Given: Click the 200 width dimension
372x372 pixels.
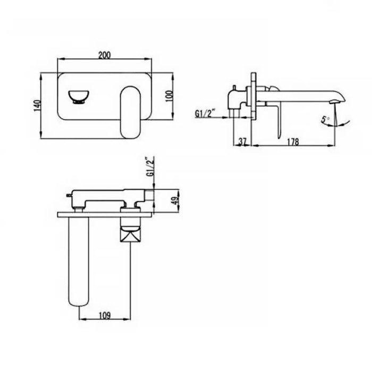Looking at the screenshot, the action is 104,55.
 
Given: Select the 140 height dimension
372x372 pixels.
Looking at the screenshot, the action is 38,106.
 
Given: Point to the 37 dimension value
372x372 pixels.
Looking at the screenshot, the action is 242,141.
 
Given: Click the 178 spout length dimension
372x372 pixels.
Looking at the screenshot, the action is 293,142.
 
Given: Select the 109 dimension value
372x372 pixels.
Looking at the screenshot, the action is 104,316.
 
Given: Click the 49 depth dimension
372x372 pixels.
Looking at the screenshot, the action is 175,201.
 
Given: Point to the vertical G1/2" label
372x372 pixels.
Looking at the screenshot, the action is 150,166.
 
